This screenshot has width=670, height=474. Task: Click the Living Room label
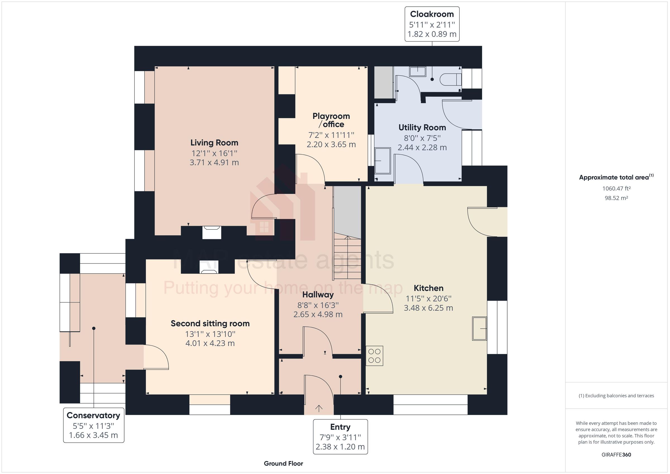[x=214, y=143]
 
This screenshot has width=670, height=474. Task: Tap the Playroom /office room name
[x=331, y=120]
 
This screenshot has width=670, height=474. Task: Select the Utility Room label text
[x=422, y=128]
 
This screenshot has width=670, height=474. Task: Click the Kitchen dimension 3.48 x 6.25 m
[x=428, y=308]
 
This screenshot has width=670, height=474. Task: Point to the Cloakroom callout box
[x=432, y=24]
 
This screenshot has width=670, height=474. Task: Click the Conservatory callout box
[x=93, y=425]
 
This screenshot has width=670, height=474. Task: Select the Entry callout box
[x=340, y=437]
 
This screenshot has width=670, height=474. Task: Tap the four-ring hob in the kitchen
[x=374, y=356]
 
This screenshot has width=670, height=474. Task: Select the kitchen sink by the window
[x=479, y=328]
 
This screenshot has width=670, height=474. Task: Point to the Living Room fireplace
[x=212, y=232]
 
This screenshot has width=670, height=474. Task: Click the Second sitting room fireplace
[x=209, y=267]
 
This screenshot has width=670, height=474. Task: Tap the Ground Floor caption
[x=283, y=463]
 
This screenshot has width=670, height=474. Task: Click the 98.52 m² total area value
[x=616, y=198]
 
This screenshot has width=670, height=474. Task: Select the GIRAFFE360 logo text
[x=616, y=454]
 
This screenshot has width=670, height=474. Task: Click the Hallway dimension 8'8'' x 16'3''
[x=318, y=305]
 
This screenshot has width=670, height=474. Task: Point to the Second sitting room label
[x=210, y=323]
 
